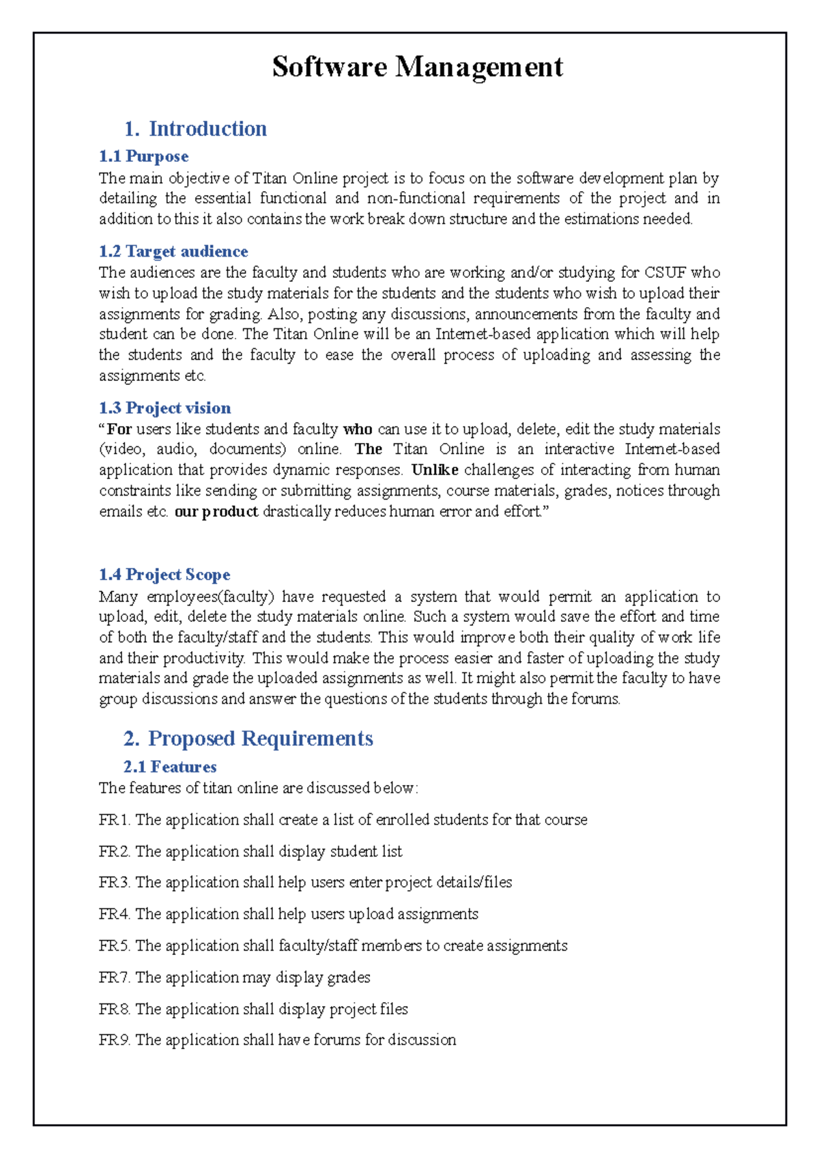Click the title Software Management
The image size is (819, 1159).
pos(417,67)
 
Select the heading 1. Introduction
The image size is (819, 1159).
pos(195,128)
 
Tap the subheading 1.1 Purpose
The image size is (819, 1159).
pos(143,156)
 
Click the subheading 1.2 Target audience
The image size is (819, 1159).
pos(173,251)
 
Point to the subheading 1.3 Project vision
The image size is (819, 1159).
pos(164,407)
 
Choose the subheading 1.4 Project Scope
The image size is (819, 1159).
pos(164,574)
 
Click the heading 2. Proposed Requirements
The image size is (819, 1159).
pos(248,738)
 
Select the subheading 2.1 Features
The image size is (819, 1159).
pos(170,767)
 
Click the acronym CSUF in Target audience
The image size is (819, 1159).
pos(665,272)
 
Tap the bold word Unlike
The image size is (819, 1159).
pos(435,470)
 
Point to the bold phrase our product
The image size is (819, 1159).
pos(216,511)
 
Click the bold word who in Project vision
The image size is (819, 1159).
pos(357,429)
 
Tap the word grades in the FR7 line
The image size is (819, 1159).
pos(348,977)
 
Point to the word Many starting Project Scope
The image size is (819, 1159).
pos(118,597)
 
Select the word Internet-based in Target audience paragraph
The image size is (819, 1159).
pos(483,334)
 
